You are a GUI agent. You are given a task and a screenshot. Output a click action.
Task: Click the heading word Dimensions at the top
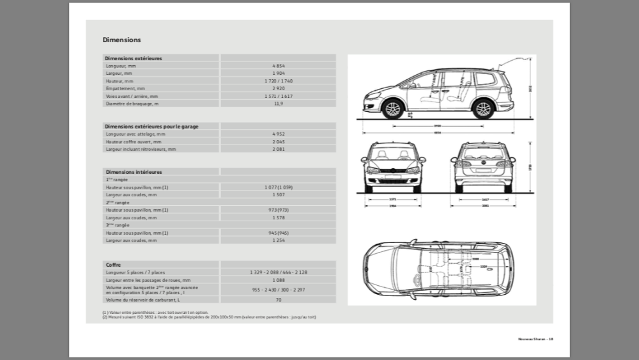[122, 40]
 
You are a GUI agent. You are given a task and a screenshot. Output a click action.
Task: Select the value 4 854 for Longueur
[278, 66]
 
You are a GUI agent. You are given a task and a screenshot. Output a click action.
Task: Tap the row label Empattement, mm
[126, 88]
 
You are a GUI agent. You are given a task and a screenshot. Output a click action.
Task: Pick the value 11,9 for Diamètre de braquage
[278, 104]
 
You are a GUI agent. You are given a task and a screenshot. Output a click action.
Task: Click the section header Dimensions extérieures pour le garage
[151, 127]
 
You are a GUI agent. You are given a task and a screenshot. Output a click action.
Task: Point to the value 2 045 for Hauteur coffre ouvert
[278, 141]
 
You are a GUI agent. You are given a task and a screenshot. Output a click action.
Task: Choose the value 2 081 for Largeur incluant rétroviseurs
[278, 149]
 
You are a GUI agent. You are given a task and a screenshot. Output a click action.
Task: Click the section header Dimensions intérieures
[134, 172]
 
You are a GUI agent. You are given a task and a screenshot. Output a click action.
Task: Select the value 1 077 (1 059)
[278, 187]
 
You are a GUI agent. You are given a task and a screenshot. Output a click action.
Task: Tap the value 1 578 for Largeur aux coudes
[278, 217]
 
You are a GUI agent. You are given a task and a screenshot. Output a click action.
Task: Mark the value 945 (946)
[278, 233]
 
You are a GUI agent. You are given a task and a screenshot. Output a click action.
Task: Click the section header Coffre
[113, 265]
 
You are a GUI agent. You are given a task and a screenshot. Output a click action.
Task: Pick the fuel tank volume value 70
[278, 299]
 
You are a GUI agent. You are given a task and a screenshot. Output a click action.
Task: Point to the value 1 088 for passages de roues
[278, 280]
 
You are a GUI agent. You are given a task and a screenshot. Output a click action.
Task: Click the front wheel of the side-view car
[392, 109]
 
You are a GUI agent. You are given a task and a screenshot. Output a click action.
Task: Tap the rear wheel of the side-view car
[483, 109]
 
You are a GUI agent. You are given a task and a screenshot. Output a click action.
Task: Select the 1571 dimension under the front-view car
[392, 200]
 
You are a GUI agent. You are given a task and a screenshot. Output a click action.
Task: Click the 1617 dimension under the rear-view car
[486, 200]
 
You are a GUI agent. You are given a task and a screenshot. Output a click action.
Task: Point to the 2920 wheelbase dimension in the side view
[438, 126]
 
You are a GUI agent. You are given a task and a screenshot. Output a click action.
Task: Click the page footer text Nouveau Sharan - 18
[535, 338]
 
